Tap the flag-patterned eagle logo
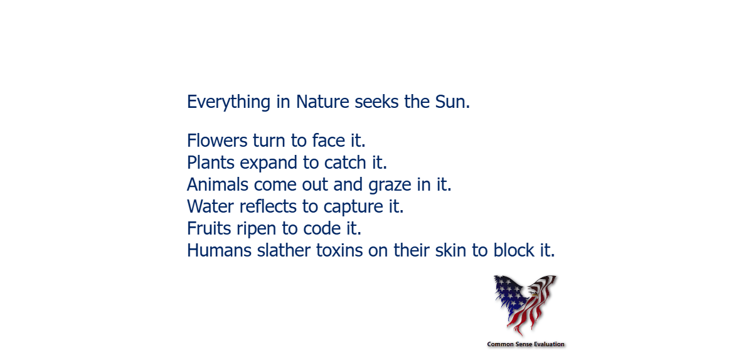tap(524, 304)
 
